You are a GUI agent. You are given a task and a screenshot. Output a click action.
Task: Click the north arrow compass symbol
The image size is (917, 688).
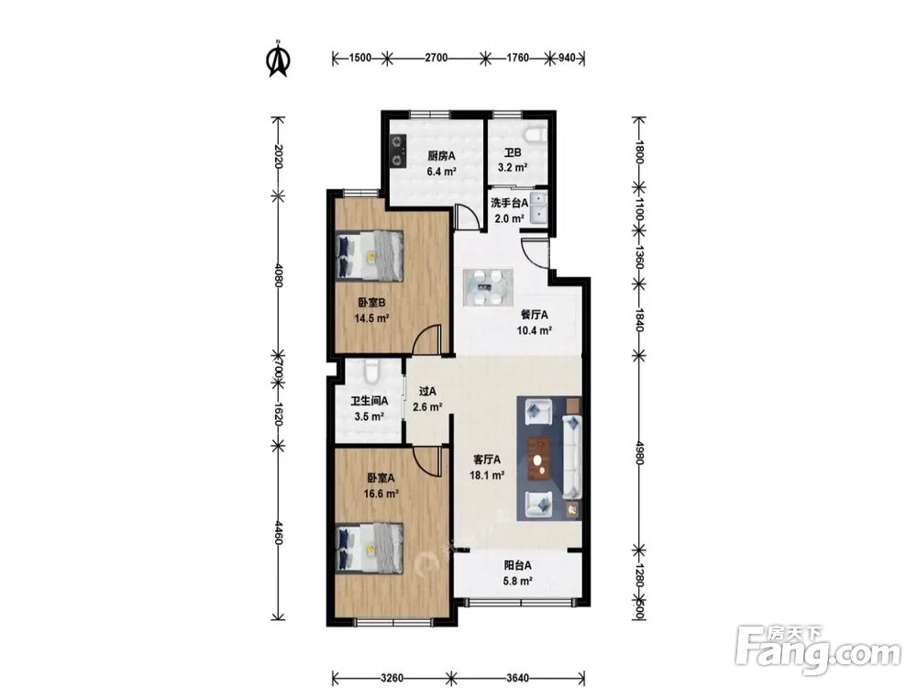coord(279,59)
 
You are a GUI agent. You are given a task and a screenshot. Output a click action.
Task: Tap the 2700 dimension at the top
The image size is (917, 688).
coord(436,57)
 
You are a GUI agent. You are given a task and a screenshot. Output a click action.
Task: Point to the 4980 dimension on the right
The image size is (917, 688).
coord(639,453)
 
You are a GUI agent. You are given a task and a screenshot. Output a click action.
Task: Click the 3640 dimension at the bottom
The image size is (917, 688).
coord(517,678)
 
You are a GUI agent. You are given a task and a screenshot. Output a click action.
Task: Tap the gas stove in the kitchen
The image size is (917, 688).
coord(398,150)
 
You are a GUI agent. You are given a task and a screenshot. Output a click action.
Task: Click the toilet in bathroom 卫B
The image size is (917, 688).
coord(536,135)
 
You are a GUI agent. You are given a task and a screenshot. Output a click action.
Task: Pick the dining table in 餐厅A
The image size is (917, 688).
coord(489,286)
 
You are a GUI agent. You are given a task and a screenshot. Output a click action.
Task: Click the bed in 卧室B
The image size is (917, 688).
coord(370,255)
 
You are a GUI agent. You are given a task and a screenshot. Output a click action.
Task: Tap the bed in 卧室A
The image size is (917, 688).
coord(370,549)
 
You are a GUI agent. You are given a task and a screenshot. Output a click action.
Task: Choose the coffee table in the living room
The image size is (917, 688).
coord(540,459)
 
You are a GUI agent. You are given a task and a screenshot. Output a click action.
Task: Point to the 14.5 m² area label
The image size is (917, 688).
coord(372,319)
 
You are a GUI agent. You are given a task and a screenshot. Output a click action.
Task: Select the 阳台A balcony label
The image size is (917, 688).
coord(517,566)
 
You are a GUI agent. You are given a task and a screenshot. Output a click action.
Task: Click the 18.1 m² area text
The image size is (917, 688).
coord(487,475)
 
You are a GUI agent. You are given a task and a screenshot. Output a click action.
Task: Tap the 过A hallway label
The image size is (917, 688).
coord(427,392)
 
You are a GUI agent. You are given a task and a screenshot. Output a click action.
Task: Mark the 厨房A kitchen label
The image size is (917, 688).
coord(441,156)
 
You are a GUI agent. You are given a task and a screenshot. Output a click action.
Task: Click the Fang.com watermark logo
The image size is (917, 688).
coord(818,651)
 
